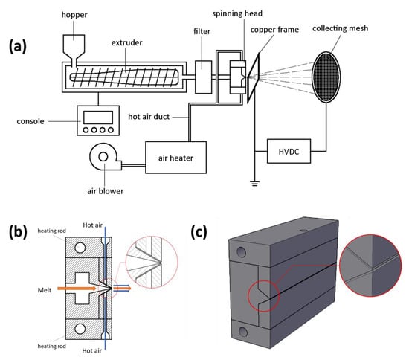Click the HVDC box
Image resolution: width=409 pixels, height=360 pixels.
coord(289,151)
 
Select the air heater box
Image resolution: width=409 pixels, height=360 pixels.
coord(175,158)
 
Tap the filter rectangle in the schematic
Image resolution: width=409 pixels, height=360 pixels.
coord(204,77)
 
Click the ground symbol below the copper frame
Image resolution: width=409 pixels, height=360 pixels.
coord(255,184)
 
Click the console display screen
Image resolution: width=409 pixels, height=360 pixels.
coord(98,118)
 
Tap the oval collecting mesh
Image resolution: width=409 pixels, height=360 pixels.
coord(326,77)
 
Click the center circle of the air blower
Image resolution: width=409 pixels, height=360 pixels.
coord(103,157)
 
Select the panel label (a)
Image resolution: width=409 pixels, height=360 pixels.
coord(18,46)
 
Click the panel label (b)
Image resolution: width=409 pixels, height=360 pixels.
coord(18,231)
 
